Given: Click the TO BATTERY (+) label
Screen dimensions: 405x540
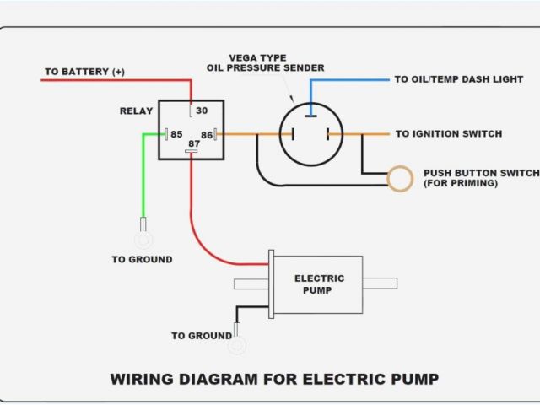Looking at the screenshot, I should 84,72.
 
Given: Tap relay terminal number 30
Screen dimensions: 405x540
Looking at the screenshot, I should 201,111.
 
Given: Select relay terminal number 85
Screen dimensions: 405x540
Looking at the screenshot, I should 176,134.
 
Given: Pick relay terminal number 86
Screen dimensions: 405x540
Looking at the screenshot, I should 207,134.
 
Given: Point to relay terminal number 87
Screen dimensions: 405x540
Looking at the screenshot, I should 194,144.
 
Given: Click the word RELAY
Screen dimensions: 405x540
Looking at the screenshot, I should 137,111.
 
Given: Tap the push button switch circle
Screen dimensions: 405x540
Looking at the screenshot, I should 400,178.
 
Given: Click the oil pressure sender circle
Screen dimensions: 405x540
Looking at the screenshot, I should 311,134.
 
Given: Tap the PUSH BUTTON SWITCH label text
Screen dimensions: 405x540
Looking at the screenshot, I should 481,173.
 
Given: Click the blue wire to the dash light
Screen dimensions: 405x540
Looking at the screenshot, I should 354,79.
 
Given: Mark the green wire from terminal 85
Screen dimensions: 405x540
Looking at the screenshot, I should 143,177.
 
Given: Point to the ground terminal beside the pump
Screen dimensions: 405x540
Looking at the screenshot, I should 238,344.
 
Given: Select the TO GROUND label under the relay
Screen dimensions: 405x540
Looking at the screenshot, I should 142,259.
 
